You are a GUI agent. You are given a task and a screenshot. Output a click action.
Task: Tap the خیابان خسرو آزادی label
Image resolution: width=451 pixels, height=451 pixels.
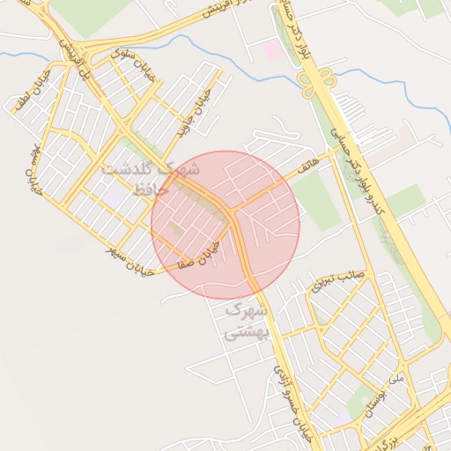tap(292, 396)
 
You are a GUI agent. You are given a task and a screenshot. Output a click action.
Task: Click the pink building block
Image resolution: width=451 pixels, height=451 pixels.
tap(274, 50)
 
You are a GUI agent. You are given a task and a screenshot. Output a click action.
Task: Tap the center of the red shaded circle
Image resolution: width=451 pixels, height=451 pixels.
tap(225, 225)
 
